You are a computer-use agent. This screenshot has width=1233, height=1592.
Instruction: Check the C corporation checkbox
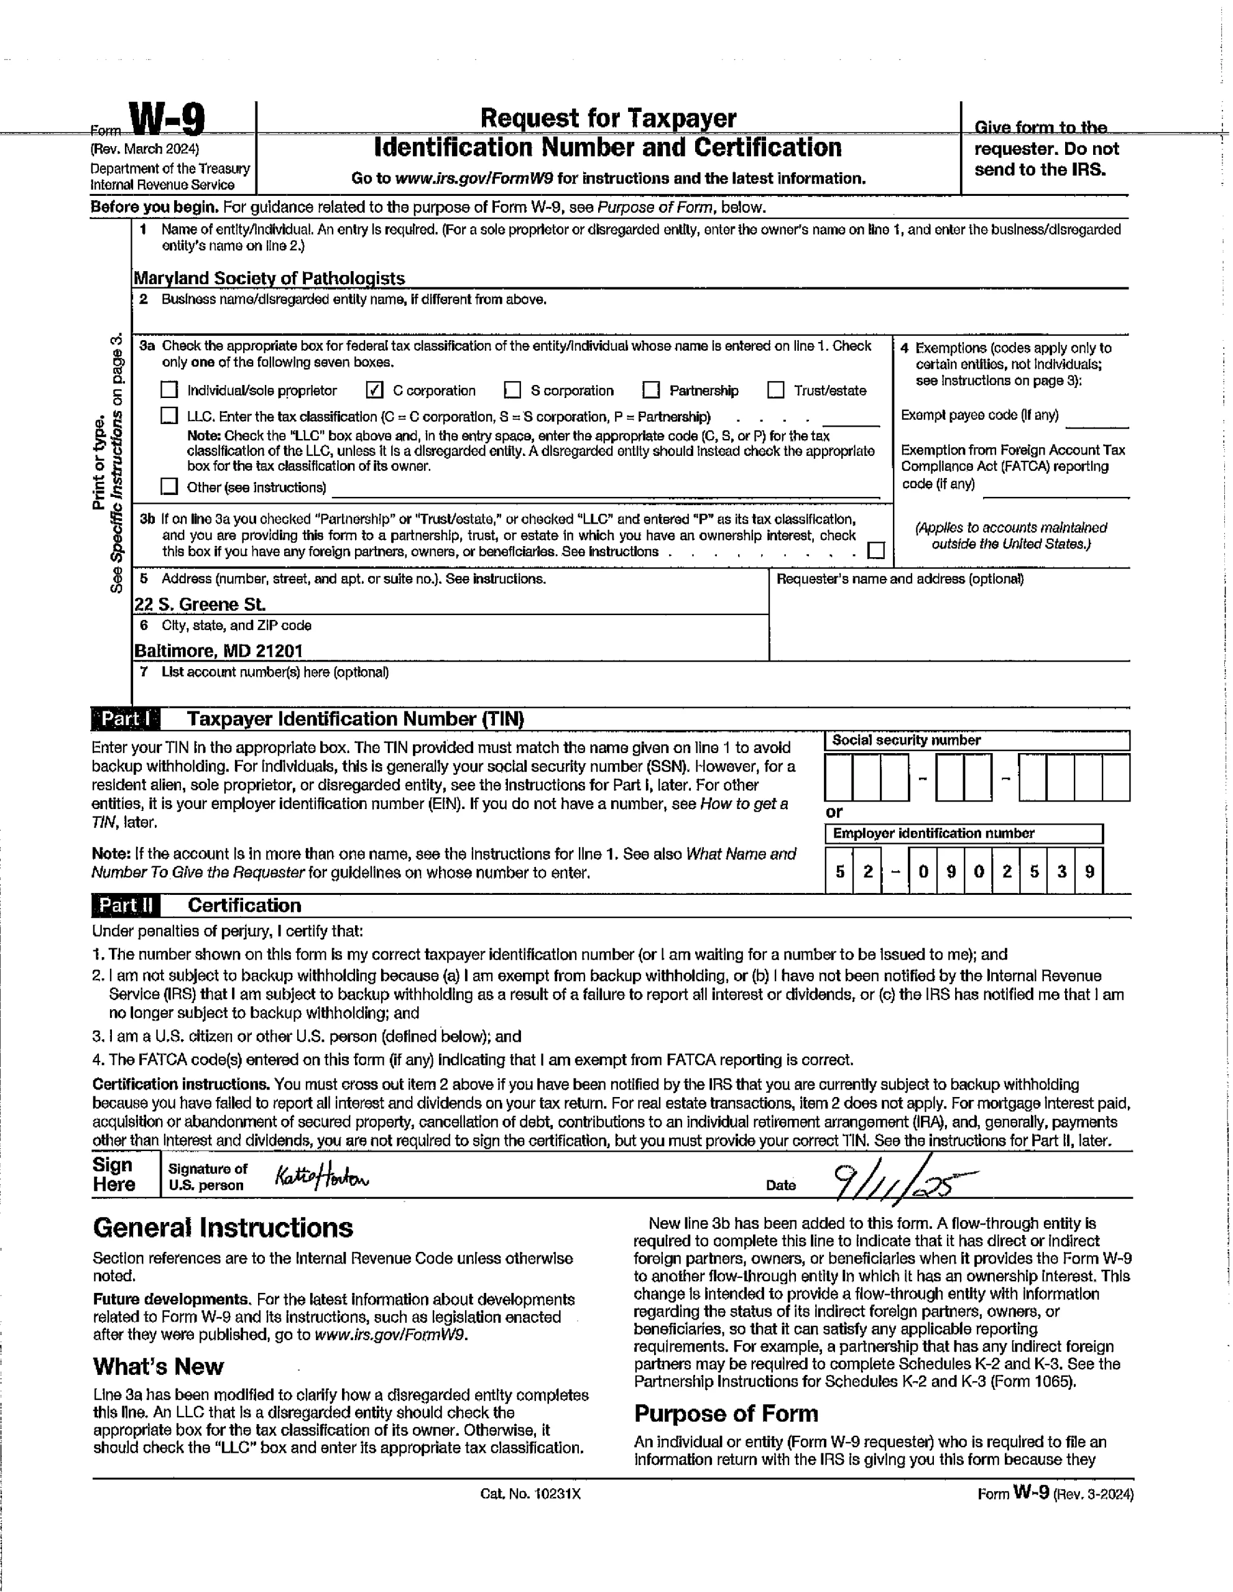coord(374,390)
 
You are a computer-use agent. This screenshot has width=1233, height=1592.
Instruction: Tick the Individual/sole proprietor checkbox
coord(169,390)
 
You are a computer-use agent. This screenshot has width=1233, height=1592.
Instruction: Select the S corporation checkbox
coord(513,390)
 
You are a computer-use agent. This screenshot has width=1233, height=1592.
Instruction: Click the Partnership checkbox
coord(651,390)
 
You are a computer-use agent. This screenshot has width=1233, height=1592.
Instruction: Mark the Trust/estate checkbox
coord(776,390)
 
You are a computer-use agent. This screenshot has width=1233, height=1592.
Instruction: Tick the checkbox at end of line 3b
coord(877,550)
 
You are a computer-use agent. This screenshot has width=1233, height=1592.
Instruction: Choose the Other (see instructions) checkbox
coord(169,486)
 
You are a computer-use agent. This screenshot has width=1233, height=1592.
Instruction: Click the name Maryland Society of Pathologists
coord(269,278)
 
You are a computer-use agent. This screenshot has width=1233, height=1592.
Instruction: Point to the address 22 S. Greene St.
coord(200,604)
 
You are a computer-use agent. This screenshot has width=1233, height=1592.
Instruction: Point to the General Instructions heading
coord(223,1228)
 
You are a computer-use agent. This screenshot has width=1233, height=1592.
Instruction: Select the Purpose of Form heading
coord(726,1414)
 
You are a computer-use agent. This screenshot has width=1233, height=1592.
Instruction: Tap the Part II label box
coord(126,905)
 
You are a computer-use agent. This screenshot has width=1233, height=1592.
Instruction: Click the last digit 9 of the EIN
coord(1089,872)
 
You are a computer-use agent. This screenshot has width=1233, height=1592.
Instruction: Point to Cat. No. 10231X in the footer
coord(530,1494)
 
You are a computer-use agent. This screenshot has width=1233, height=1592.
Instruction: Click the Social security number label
coord(907,741)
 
